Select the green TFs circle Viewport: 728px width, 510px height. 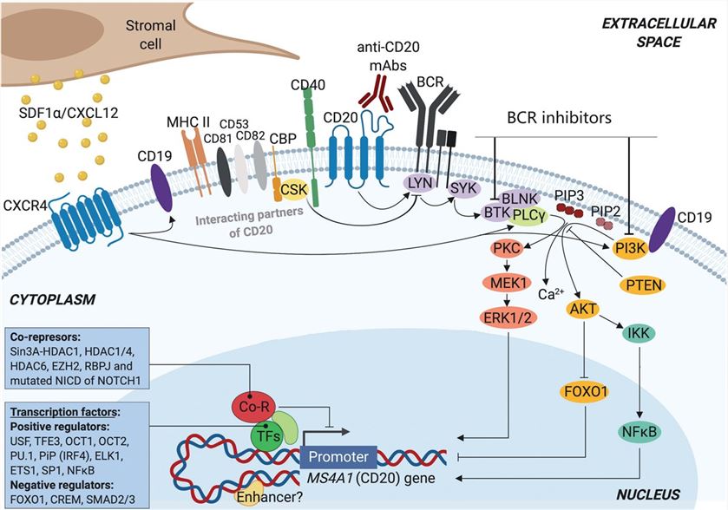pos(268,436)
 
